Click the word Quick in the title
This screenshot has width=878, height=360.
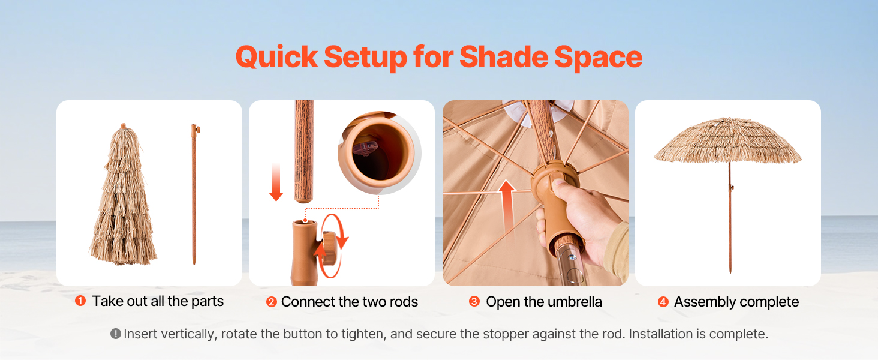coord(276,58)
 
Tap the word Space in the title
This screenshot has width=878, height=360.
coord(598,58)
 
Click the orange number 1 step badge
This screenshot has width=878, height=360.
coord(80,301)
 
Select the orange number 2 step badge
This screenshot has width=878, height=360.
coord(272,302)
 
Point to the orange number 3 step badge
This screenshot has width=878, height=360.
coord(474,302)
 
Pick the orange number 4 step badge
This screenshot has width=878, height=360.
coord(663,302)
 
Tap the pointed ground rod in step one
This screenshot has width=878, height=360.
coord(194,194)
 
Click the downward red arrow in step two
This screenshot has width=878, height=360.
coord(276,182)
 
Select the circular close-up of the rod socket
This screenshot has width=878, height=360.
coord(378,153)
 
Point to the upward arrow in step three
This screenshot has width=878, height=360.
coord(507,206)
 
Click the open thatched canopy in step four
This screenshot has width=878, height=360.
coord(728,140)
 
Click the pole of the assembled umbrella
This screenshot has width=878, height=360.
coord(730,218)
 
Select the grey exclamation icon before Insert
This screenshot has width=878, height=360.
coord(116,334)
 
